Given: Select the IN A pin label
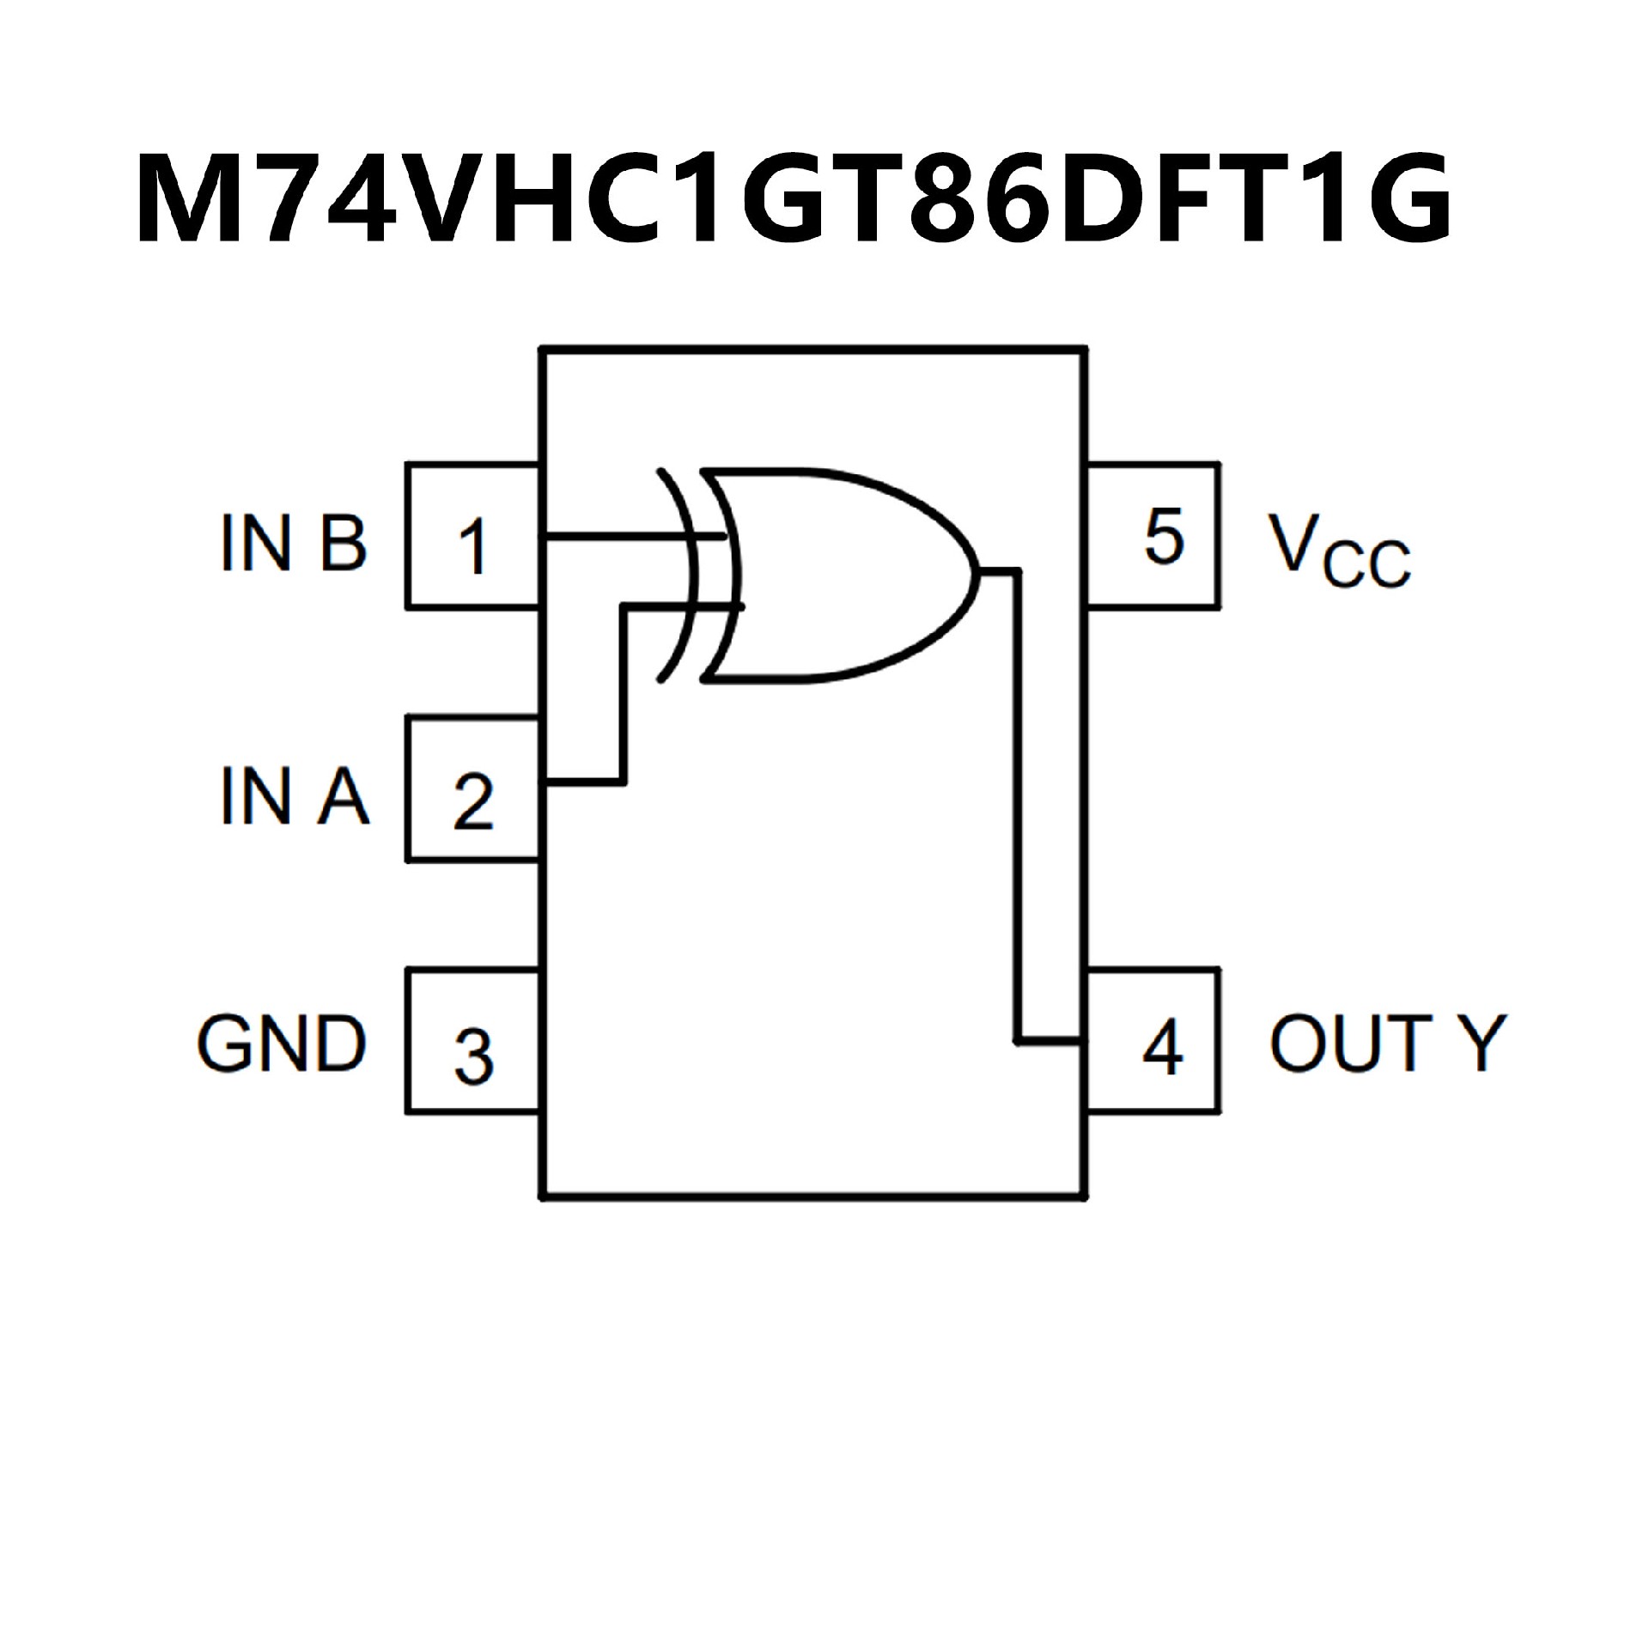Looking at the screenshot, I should tap(294, 796).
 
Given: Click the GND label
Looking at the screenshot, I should tap(282, 1044).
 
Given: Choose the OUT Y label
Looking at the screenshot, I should tap(1387, 1044).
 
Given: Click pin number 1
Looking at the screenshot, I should tap(473, 545).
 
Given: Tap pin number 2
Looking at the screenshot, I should tap(473, 801).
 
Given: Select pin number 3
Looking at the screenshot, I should tap(473, 1056).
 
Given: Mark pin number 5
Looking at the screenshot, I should tap(1164, 538).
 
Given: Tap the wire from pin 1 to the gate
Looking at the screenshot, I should tap(618, 537).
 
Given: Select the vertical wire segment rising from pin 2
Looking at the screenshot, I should tap(624, 696).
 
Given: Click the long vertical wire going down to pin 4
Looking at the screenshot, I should tap(1019, 807).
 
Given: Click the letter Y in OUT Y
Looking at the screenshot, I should tap(1481, 1044).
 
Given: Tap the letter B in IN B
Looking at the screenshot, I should tap(343, 543).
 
